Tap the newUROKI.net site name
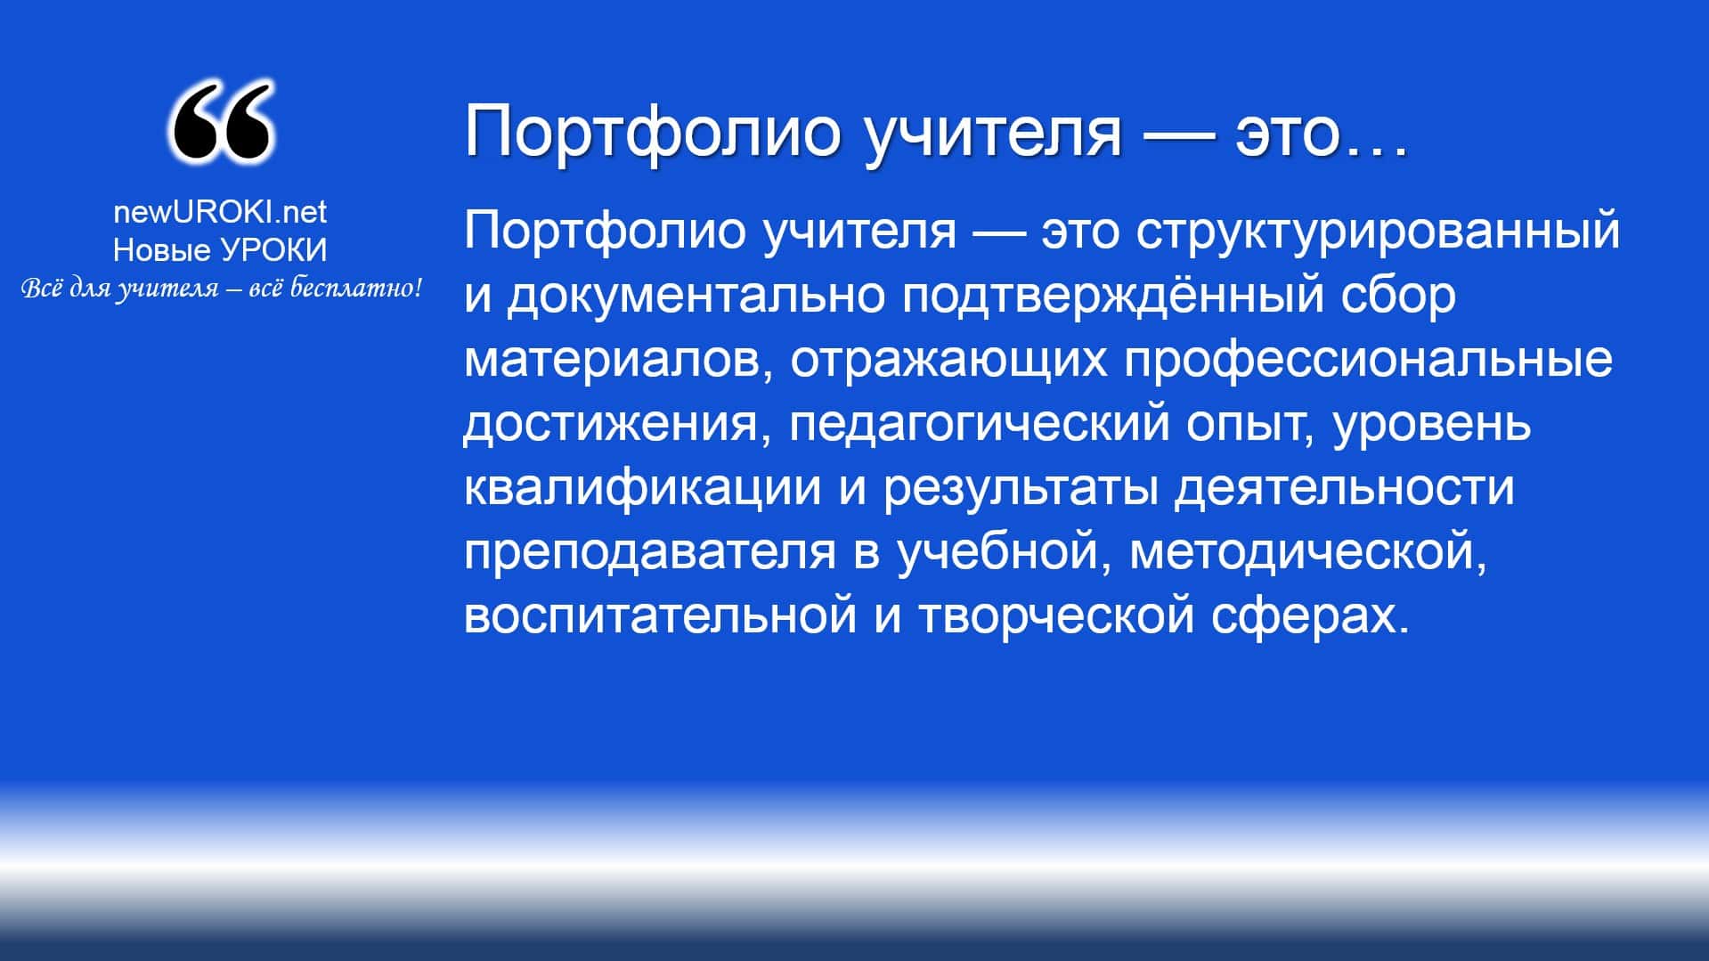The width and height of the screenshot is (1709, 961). [220, 212]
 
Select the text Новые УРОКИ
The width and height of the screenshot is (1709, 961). [220, 251]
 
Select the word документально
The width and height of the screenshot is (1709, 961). [696, 296]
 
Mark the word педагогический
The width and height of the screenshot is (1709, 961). [979, 425]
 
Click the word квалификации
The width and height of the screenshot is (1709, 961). [642, 489]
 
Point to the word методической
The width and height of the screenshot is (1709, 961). [1308, 553]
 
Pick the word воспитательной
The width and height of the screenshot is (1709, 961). [661, 616]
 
